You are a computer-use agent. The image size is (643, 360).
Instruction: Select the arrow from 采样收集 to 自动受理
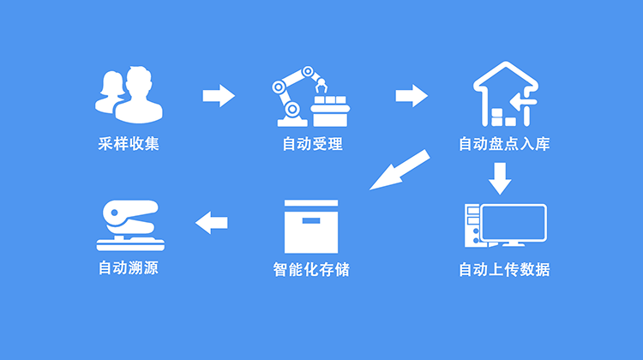219,94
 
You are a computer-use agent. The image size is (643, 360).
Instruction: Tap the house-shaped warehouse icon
504,94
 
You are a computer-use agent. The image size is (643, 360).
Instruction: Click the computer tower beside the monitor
472,227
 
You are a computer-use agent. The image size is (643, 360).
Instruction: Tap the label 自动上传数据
504,271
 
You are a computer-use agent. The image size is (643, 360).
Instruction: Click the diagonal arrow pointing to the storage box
399,169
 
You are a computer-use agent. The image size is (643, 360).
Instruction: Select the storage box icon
311,227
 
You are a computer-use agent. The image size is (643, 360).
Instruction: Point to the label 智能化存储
311,271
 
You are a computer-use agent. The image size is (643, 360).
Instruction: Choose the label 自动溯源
129,268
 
